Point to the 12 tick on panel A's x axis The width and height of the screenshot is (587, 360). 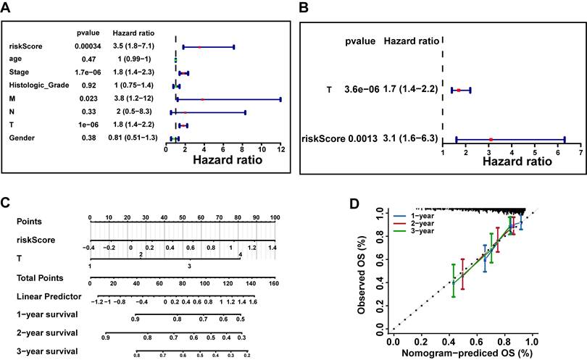pos(280,148)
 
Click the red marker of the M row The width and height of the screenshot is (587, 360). pos(203,99)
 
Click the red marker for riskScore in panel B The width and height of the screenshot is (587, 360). pos(491,138)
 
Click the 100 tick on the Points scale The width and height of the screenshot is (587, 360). pos(275,217)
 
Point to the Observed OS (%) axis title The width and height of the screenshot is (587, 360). pos(362,270)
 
